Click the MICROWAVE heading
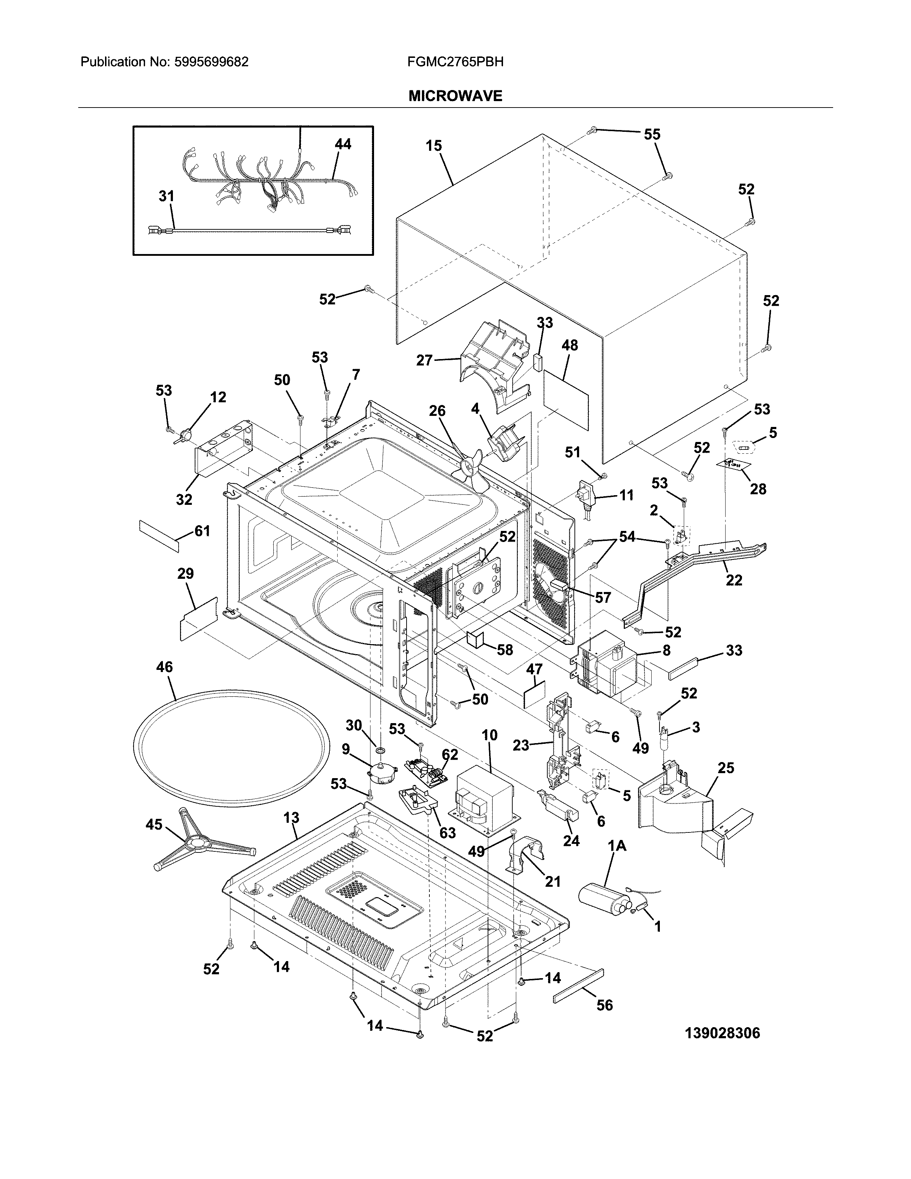coord(455,96)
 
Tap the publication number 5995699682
coord(210,62)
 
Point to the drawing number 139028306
coord(722,1033)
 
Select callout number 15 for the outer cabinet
coord(433,146)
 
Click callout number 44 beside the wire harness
coord(343,144)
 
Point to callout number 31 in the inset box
coord(166,196)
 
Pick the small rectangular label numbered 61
coord(159,535)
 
